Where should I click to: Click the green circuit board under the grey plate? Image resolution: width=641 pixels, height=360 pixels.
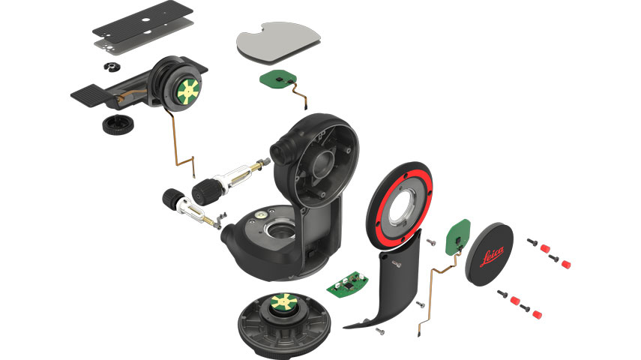point(278,79)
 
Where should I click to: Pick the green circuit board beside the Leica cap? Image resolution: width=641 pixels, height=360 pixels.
point(457,237)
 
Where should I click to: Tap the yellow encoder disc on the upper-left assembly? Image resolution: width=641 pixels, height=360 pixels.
point(188,91)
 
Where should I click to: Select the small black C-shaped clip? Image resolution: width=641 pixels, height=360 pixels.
point(110,67)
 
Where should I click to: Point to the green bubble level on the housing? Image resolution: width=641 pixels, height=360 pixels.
point(260,213)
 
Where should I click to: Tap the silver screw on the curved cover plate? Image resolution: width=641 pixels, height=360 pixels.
point(396,264)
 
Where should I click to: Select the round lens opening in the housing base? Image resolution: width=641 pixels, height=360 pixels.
point(280,232)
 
